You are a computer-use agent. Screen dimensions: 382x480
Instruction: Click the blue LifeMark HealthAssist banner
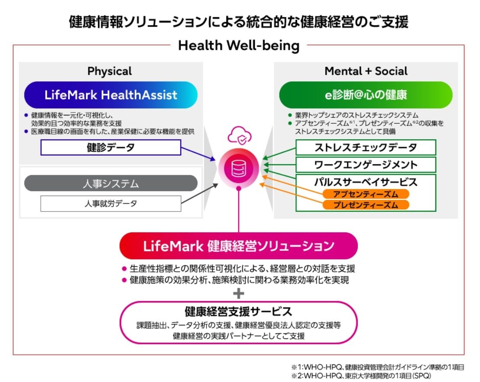pos(111,95)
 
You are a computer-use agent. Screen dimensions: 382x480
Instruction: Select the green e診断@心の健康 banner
pos(366,95)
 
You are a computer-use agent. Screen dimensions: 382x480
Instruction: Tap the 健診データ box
pos(110,148)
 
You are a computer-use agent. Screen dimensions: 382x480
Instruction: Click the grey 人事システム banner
pos(111,183)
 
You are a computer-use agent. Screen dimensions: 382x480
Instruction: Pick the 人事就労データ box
pos(110,203)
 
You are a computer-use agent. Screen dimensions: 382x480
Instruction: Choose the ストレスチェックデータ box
pos(366,148)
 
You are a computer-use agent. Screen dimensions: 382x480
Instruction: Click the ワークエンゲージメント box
pos(366,165)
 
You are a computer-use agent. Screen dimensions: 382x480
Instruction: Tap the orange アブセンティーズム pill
pos(366,194)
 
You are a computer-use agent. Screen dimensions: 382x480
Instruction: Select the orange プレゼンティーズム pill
pos(366,205)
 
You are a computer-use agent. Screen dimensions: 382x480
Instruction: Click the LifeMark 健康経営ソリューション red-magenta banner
pos(239,246)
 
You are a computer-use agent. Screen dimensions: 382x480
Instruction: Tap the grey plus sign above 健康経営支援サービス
pos(239,294)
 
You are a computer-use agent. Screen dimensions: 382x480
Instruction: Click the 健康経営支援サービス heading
pos(239,311)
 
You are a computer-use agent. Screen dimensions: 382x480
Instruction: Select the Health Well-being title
pos(239,45)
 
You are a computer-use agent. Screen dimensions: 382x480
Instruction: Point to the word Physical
pos(110,71)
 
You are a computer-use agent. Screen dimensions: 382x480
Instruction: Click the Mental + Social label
pos(366,71)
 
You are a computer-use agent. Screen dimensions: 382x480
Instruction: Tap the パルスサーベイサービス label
pos(366,182)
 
